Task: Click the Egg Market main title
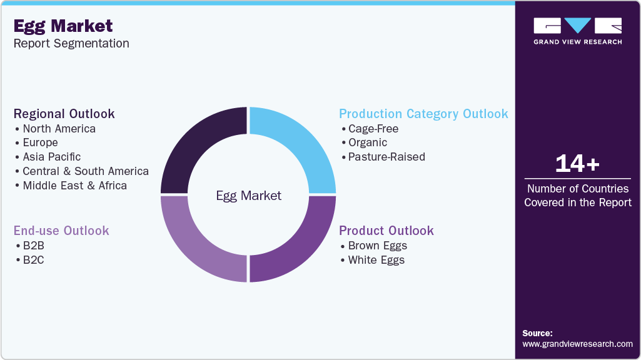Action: [x=63, y=26]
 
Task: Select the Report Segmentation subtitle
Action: [x=71, y=44]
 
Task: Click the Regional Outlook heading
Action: [x=64, y=114]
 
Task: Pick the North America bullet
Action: [x=59, y=129]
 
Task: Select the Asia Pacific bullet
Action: [x=51, y=157]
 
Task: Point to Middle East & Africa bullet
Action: [x=74, y=186]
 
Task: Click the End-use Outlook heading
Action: [x=61, y=231]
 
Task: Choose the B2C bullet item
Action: [x=34, y=260]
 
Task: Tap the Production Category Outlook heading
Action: [x=423, y=114]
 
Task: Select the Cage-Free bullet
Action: [x=373, y=129]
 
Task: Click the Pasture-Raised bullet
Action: [x=386, y=157]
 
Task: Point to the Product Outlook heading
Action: [x=386, y=231]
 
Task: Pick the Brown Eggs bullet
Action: [x=377, y=246]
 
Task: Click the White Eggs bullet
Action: [x=376, y=260]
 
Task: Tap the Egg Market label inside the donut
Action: [x=248, y=196]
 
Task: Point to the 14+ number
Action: [x=577, y=164]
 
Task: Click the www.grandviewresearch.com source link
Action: [x=577, y=344]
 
